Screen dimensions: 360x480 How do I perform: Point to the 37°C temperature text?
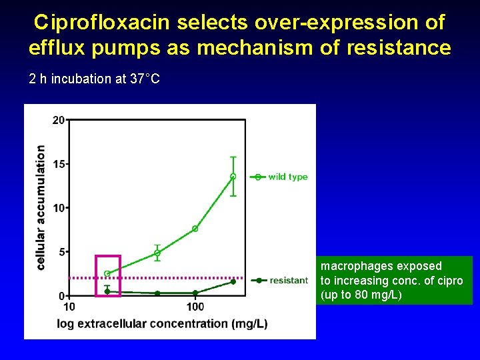click(x=145, y=79)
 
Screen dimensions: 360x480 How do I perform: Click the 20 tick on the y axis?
click(x=59, y=120)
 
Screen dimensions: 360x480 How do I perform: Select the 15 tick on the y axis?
click(x=59, y=164)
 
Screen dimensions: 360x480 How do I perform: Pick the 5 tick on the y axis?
click(x=61, y=252)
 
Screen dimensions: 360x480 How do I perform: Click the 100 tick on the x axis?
click(x=195, y=307)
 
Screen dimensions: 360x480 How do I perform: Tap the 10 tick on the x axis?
click(x=69, y=307)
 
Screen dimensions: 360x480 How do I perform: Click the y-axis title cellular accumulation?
click(x=41, y=207)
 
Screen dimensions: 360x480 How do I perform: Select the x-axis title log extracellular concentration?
click(x=172, y=324)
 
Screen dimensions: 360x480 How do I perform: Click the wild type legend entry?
click(x=287, y=177)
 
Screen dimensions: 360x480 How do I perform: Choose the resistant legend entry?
click(x=288, y=281)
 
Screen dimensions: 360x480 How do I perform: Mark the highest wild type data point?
click(x=233, y=177)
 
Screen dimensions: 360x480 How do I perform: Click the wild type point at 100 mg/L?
click(x=195, y=229)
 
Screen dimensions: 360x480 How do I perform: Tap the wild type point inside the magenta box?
click(x=107, y=273)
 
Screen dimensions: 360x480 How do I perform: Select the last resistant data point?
click(x=233, y=281)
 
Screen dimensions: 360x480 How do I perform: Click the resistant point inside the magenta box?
click(x=107, y=291)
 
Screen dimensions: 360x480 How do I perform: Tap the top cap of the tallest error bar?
click(x=233, y=157)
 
